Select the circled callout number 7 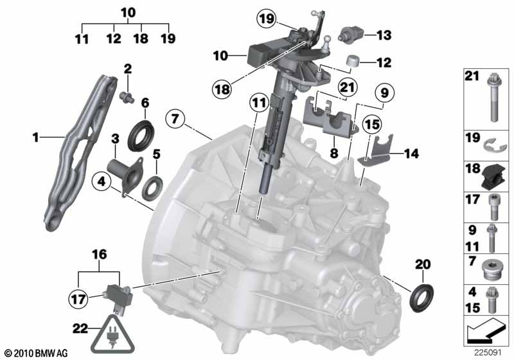click(x=174, y=119)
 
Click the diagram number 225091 click(x=486, y=352)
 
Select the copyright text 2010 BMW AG click(x=36, y=353)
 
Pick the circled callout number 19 click(x=266, y=19)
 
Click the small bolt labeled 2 click(x=127, y=96)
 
